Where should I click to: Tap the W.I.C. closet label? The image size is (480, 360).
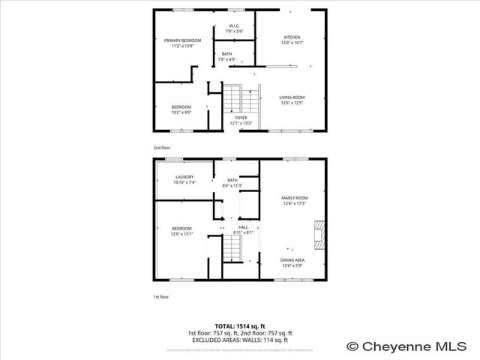click(235, 28)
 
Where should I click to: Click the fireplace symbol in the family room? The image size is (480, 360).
click(319, 234)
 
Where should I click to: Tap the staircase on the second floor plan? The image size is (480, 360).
click(237, 98)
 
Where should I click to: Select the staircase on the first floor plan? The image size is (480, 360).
click(232, 249)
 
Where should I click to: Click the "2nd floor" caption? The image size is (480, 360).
click(162, 148)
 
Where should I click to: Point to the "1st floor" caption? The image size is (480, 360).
click(161, 297)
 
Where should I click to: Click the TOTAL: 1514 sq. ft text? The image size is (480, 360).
click(239, 326)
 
